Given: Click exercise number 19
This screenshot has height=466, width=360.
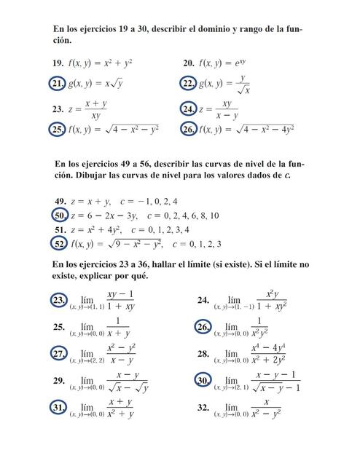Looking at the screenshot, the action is point(57,64).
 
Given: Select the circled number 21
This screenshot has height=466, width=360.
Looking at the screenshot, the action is point(58,84).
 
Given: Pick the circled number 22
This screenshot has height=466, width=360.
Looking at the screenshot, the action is point(188,84).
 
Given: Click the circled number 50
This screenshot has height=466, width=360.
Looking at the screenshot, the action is point(60,216).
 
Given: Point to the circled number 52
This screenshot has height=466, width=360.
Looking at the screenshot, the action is point(60,244).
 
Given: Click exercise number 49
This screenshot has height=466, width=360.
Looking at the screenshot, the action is point(60,201).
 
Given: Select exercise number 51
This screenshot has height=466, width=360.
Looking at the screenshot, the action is point(60,229).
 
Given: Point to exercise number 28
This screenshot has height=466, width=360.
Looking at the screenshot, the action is point(203,353).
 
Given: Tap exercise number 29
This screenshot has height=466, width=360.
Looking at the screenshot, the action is point(59,381).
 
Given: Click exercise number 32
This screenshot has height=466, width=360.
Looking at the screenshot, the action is point(203,408).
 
